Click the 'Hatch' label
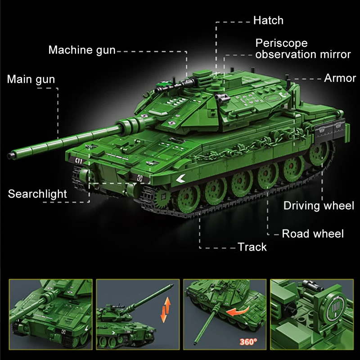268,20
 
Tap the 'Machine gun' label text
82,50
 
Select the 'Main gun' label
31,80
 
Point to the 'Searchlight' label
37,194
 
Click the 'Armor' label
340,78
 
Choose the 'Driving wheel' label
319,206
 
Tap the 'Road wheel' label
312,234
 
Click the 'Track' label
252,247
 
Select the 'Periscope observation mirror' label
302,49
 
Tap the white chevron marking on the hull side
181,179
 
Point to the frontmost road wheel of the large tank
187,196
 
